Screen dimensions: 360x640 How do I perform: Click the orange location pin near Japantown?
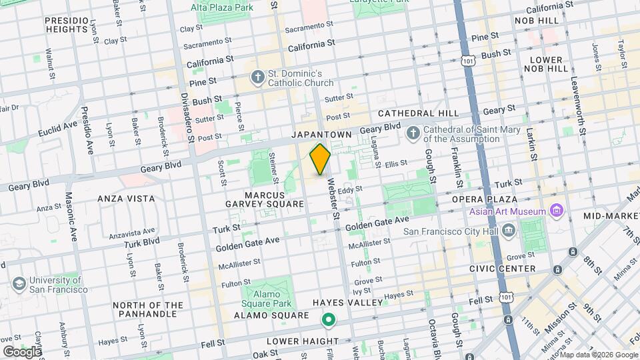[320, 159]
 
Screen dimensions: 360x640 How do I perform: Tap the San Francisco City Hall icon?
[509, 231]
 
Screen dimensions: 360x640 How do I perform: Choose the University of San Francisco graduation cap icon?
[19, 285]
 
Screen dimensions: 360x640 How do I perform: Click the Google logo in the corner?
[21, 351]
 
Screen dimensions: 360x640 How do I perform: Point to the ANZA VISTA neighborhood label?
[126, 199]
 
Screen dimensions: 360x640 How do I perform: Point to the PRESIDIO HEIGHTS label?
[67, 25]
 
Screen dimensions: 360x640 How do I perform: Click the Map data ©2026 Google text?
[597, 354]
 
